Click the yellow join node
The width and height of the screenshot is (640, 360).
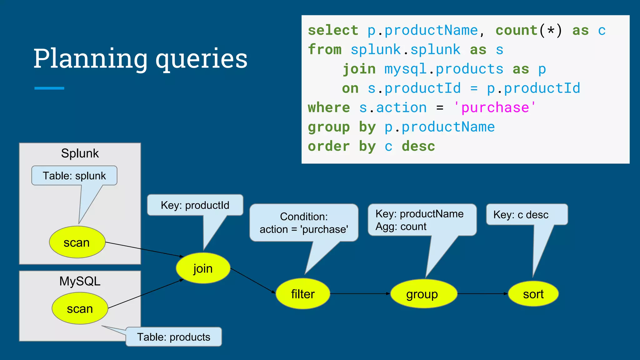tap(203, 268)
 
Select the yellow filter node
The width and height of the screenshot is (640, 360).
tap(303, 294)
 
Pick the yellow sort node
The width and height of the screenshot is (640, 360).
tap(533, 294)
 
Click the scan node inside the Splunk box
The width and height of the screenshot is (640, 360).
tap(77, 242)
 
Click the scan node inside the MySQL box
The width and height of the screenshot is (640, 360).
tap(80, 308)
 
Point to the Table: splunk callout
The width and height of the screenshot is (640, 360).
tap(74, 176)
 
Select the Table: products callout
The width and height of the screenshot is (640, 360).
tap(174, 337)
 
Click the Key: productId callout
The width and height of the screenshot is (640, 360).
tap(195, 205)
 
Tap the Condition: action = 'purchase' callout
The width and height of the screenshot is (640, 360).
tap(304, 223)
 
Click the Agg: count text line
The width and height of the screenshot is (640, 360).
tap(401, 227)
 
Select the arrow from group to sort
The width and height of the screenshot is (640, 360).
tap(482, 294)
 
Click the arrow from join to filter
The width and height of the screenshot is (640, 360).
tap(252, 281)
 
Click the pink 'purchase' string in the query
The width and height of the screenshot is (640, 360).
tap(495, 107)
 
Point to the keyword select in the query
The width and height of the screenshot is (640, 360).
tap(333, 30)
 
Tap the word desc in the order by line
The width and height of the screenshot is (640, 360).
tap(418, 146)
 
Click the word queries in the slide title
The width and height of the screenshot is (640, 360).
tap(202, 59)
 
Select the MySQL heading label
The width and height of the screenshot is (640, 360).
tap(80, 281)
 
